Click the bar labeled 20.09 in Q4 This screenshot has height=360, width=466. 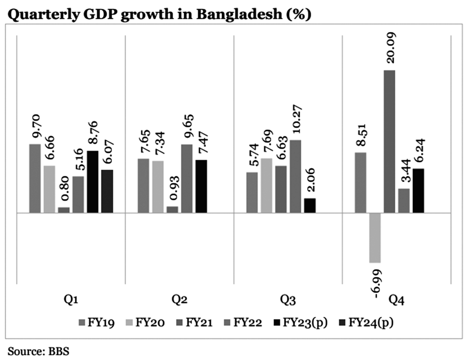[389, 141]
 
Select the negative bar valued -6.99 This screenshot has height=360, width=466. [375, 238]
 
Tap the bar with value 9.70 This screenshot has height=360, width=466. [35, 178]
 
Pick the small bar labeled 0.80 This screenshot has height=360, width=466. [64, 210]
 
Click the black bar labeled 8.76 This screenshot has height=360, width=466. [93, 182]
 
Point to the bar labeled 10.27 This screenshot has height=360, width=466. [295, 176]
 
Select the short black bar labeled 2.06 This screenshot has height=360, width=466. [310, 205]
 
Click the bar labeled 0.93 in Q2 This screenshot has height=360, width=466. [172, 209]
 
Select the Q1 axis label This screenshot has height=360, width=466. [71, 300]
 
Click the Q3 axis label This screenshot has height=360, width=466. [288, 300]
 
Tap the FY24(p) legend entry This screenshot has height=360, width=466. [366, 322]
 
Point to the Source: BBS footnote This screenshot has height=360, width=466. [38, 351]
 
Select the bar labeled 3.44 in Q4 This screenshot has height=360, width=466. [404, 201]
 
